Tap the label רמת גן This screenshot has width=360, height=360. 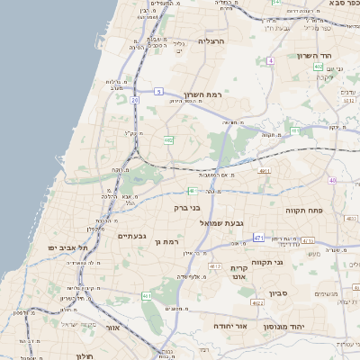(x=167, y=241)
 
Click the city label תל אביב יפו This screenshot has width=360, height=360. (x=69, y=247)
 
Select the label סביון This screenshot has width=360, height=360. (x=278, y=292)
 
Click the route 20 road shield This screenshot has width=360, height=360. (x=135, y=100)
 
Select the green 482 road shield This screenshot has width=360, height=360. (x=168, y=140)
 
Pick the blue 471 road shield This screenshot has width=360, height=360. (x=258, y=238)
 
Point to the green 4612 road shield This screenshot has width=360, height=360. (x=215, y=267)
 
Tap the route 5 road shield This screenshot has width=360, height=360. (x=158, y=92)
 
